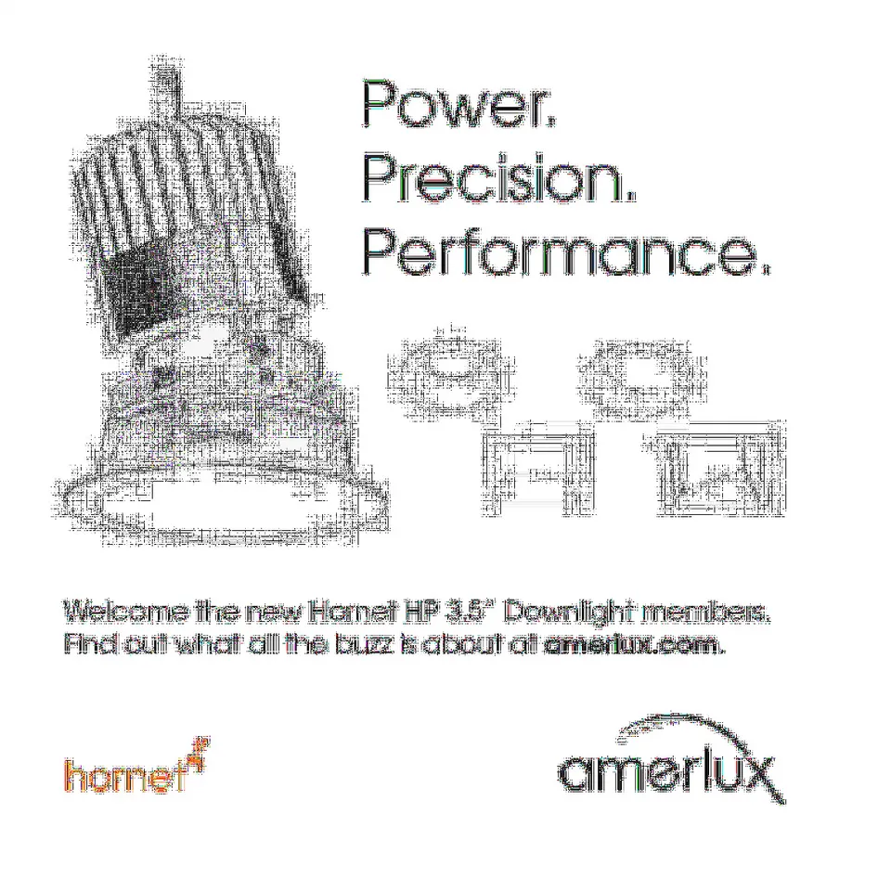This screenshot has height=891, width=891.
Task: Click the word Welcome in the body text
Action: click(125, 612)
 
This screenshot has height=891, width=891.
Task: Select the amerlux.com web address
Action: click(634, 644)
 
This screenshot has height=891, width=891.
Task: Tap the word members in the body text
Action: click(704, 612)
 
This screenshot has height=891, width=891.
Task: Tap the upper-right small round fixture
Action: click(641, 378)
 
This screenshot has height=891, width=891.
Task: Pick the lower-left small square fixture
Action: click(538, 469)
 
